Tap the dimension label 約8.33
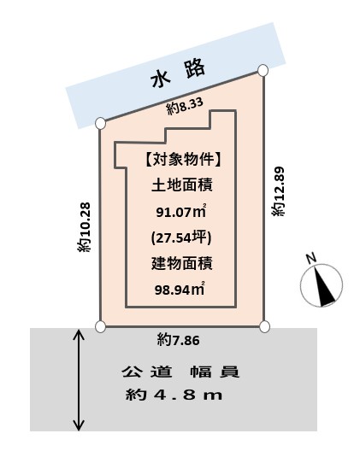pos(185,107)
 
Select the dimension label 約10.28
pos(85,227)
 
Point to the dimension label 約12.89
pos(278,191)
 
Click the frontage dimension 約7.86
pos(179,340)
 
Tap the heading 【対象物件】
pos(182,159)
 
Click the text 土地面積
pos(182,185)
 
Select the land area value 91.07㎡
pos(181,211)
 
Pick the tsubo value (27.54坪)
pos(181,238)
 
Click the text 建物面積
pos(182,263)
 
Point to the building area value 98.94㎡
pos(180,289)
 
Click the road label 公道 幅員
pos(181,372)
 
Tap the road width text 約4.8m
pos(174,395)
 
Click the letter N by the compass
pos(311,258)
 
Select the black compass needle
pos(324,286)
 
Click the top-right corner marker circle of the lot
pos(263,71)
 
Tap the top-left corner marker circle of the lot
pos(100,123)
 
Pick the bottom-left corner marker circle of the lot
pos(100,326)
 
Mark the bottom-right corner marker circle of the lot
pos(264,326)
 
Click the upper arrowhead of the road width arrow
pos(79,334)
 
